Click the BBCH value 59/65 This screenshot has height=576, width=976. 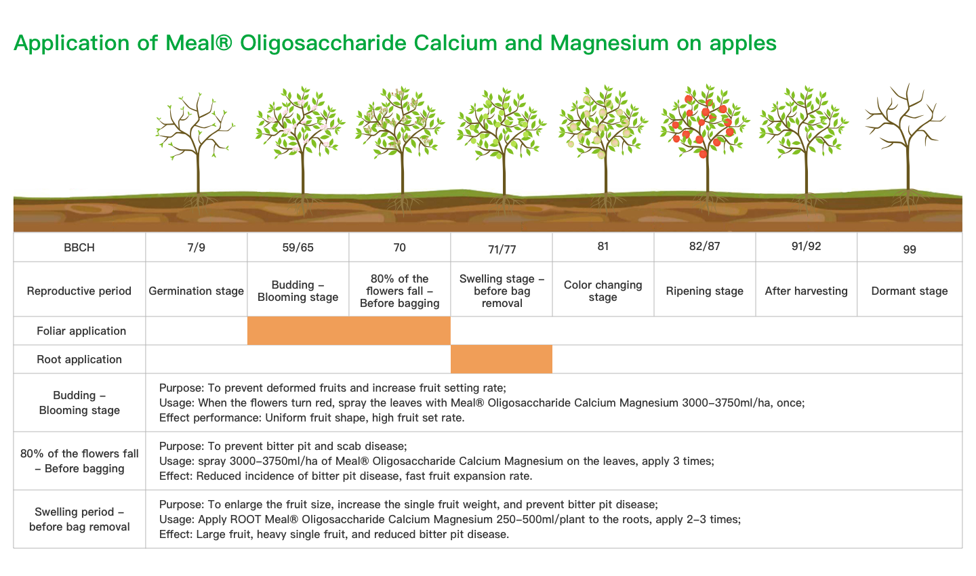(x=298, y=247)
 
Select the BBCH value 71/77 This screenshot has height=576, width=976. (x=502, y=249)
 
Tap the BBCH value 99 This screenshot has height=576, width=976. (x=910, y=249)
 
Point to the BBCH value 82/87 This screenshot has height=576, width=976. (x=705, y=246)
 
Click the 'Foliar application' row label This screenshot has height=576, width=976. (x=81, y=331)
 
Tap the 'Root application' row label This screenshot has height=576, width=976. (x=79, y=359)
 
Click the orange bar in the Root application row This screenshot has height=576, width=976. (x=502, y=359)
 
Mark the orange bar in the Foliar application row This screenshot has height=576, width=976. (x=349, y=331)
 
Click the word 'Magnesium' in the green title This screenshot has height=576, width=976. (x=609, y=43)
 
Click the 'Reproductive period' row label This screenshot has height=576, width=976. (x=79, y=291)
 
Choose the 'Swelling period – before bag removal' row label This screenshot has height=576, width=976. (x=79, y=519)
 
